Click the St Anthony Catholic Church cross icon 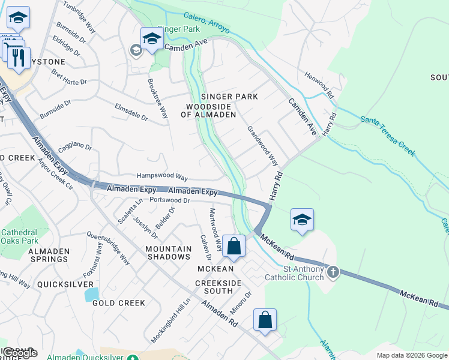point(332,272)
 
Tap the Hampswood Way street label point(162,176)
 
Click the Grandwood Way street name point(263,146)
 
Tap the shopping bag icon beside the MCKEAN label point(234,247)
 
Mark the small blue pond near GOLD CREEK point(92,294)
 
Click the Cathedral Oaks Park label point(19,236)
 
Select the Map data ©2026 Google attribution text point(412,355)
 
